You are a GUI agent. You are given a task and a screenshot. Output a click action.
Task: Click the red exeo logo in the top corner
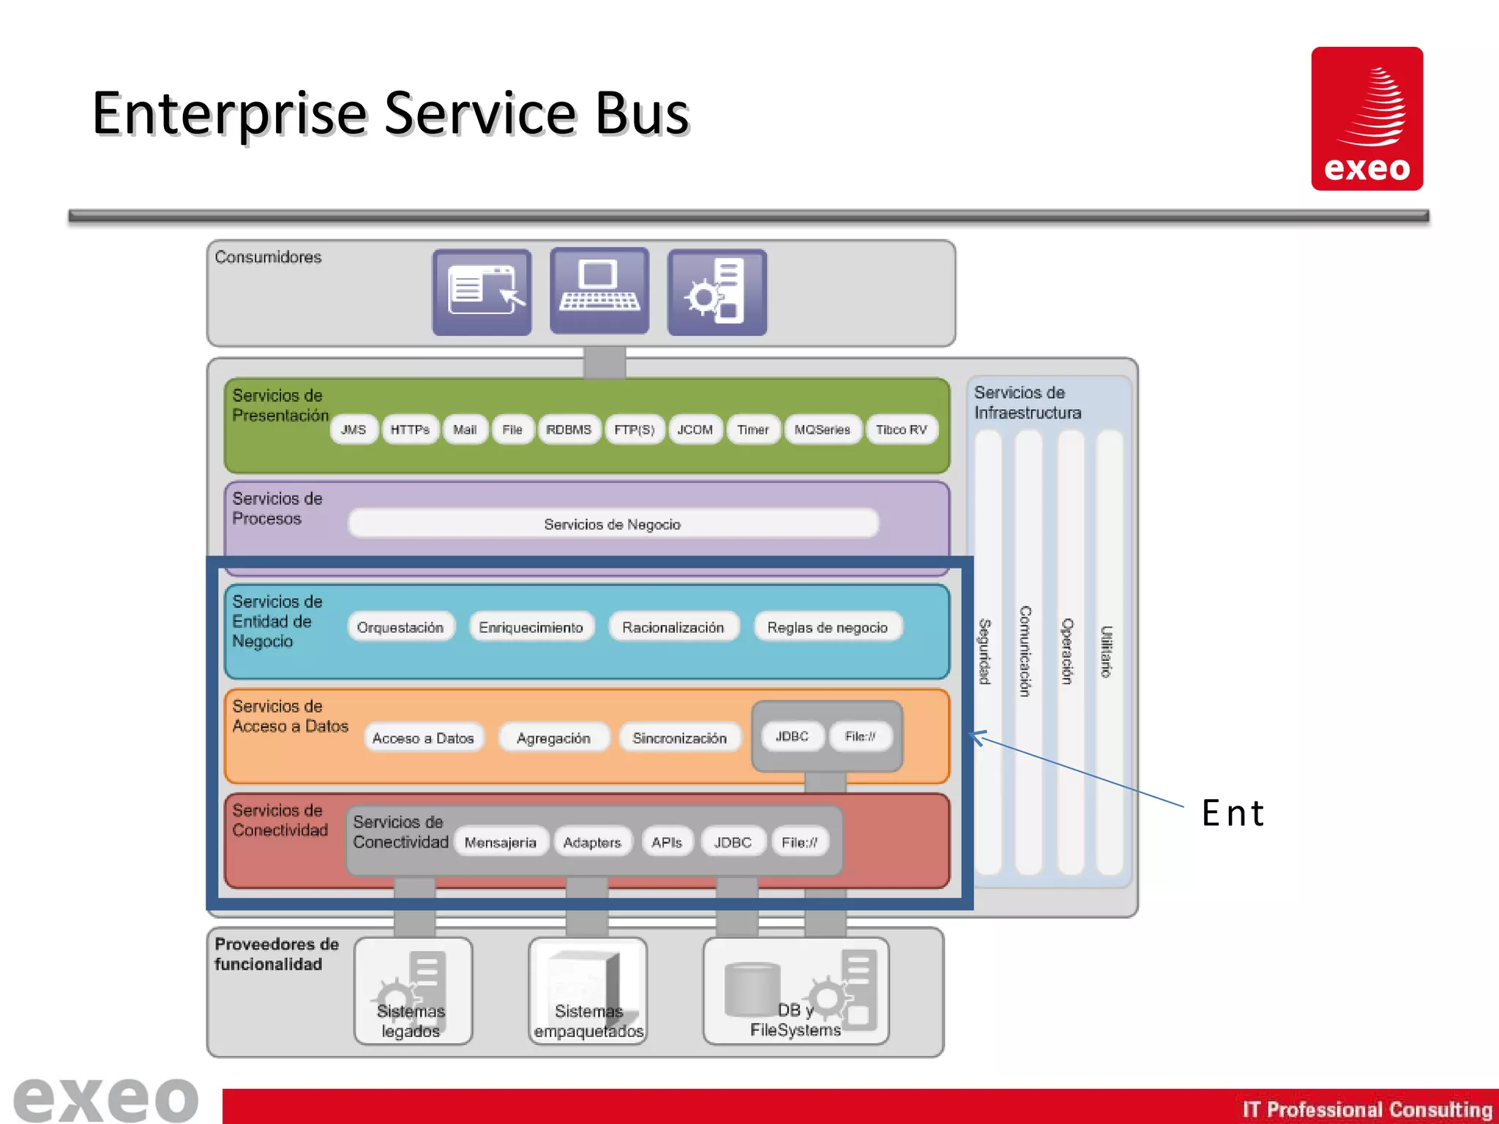pos(1367,119)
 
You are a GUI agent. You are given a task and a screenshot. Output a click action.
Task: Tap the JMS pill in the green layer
pos(354,430)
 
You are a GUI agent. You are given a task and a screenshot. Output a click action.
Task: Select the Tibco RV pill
pos(901,430)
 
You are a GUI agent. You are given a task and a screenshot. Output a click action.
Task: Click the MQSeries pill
pos(822,430)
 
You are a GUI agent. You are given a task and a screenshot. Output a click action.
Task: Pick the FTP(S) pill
pos(634,430)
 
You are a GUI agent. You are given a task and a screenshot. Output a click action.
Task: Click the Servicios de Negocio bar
pos(613,524)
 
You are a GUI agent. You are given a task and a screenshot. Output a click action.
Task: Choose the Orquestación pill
pos(400,627)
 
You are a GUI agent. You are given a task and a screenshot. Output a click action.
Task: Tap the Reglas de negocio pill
pos(827,627)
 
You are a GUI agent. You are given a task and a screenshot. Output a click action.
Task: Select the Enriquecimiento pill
pos(531,627)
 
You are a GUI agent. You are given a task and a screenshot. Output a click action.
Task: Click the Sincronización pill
pos(679,738)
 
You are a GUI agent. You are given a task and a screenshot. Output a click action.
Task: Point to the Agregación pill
pos(553,738)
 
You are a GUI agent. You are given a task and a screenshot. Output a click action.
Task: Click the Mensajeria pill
pos(500,842)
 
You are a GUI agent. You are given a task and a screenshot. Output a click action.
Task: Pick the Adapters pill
pos(592,842)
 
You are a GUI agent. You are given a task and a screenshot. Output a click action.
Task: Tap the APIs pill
pos(667,842)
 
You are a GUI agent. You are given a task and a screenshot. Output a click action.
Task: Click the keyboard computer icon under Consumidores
pos(599,292)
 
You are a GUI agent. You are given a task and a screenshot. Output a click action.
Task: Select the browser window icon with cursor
pos(482,292)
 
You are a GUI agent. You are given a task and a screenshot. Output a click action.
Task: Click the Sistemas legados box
pos(413,992)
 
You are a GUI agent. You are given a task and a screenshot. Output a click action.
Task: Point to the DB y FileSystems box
pos(796,992)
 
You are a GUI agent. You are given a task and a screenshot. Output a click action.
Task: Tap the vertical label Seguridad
pos(985,651)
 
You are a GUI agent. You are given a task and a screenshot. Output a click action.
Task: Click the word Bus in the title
pos(642,114)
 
